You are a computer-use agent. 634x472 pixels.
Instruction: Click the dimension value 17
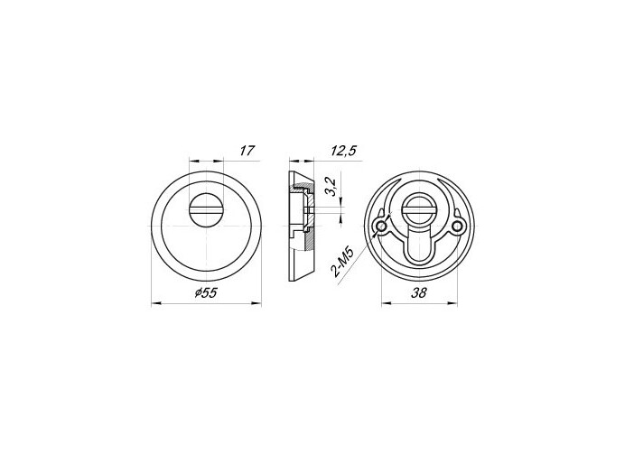[247, 151]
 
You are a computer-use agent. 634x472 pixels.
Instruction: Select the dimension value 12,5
[343, 151]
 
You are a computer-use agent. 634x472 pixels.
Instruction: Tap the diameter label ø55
[206, 292]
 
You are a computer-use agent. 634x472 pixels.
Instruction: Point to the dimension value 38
[419, 292]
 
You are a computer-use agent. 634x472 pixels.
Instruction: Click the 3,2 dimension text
[331, 186]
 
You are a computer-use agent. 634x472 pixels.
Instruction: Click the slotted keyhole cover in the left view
[206, 209]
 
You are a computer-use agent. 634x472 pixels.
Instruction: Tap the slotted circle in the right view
[419, 209]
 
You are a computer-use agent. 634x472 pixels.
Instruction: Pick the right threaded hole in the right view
[457, 227]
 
